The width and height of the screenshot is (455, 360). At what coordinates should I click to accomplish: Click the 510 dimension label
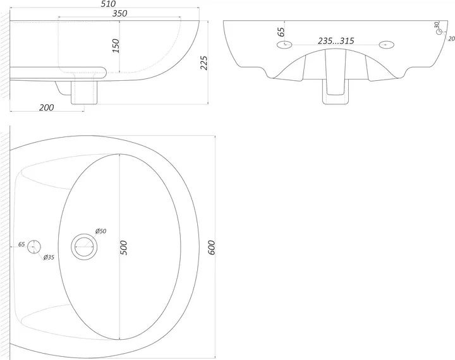[108, 4]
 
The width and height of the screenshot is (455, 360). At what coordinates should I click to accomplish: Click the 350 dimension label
[119, 13]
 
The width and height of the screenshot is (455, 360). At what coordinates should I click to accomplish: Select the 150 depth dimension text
[116, 46]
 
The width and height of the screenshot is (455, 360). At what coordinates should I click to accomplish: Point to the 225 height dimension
[204, 63]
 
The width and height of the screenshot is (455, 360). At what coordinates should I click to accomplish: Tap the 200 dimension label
[46, 107]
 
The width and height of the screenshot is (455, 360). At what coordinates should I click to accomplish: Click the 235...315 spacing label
[336, 41]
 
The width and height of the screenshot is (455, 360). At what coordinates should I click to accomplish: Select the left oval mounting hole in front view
[284, 45]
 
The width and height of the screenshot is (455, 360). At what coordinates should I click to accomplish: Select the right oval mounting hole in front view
[387, 45]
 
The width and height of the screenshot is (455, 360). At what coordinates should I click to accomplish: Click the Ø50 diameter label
[100, 231]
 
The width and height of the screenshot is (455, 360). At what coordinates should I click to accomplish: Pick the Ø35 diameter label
[49, 257]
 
